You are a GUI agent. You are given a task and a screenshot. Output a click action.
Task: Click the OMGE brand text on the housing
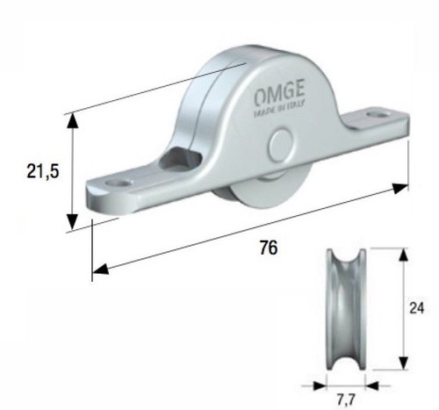pyautogui.click(x=279, y=92)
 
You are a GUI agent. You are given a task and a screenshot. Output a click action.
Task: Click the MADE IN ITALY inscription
pyautogui.click(x=279, y=109)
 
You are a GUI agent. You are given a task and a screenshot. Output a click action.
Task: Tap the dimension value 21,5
pyautogui.click(x=43, y=171)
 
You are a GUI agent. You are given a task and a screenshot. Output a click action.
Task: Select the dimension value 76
pyautogui.click(x=269, y=248)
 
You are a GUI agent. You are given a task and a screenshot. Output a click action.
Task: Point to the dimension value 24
pyautogui.click(x=416, y=308)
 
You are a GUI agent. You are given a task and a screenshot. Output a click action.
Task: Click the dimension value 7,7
pyautogui.click(x=346, y=399)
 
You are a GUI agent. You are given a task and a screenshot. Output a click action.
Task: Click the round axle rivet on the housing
pyautogui.click(x=281, y=143)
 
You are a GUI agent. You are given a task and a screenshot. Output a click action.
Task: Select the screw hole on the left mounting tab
pyautogui.click(x=119, y=183)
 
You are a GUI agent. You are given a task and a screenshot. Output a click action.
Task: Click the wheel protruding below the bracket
pyautogui.click(x=263, y=191)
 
